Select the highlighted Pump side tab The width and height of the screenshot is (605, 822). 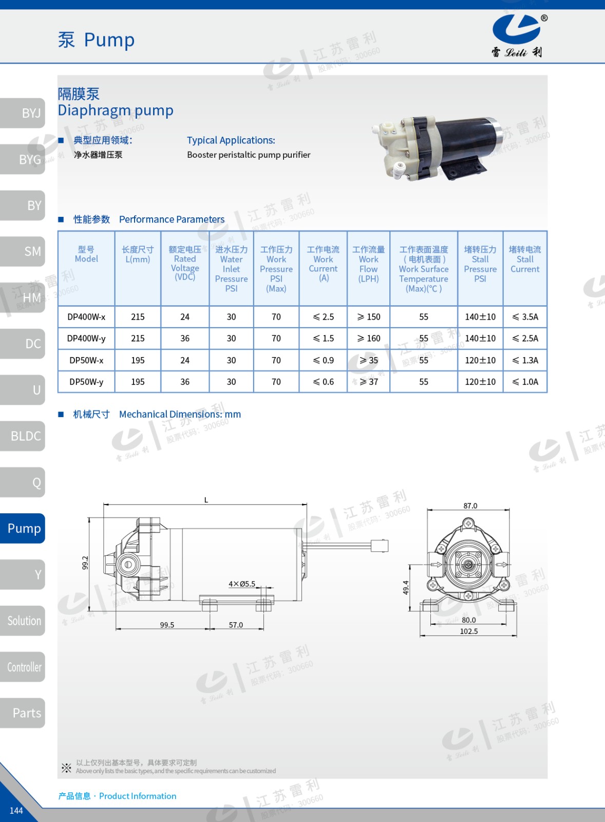(x=23, y=528)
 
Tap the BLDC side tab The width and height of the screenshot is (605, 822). (x=23, y=436)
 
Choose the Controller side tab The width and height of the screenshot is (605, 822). (x=23, y=667)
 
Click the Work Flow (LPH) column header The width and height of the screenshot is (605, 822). (x=368, y=264)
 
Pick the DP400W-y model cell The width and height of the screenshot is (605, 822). (x=86, y=339)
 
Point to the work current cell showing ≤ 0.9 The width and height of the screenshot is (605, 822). (x=323, y=360)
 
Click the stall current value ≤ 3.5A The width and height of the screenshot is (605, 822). (x=525, y=316)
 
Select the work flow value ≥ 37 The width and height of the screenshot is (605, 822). (x=369, y=382)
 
